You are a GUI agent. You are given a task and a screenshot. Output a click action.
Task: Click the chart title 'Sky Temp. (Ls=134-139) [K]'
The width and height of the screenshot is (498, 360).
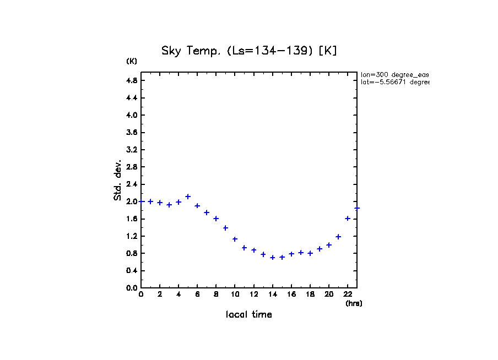point(249,51)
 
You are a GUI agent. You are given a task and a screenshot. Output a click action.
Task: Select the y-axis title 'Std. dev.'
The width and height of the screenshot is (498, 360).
point(118,180)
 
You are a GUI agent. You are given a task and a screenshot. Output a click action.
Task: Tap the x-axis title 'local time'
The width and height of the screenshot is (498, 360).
point(249,315)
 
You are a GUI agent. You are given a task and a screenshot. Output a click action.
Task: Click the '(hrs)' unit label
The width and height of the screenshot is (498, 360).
point(354,303)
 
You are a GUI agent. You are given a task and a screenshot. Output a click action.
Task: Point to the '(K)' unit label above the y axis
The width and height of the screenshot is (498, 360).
point(132,61)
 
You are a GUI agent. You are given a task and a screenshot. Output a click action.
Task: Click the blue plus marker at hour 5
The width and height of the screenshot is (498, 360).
point(188,197)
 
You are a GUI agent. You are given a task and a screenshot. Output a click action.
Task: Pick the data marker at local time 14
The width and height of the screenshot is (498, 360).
point(273,258)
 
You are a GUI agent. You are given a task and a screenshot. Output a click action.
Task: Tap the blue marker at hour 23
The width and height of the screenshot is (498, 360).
point(357,208)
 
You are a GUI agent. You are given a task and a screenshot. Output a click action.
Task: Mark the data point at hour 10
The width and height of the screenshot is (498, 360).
point(235,239)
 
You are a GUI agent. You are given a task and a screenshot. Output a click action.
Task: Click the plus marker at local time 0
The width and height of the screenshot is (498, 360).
point(141,201)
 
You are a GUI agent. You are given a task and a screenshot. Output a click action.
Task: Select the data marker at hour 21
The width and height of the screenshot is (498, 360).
point(338,237)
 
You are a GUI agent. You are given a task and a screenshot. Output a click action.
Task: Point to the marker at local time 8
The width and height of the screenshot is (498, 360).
point(216,219)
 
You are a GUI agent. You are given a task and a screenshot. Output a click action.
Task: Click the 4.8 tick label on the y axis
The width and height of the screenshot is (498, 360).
point(132,80)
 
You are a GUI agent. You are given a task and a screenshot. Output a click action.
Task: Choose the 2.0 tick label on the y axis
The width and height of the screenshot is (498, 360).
point(132,201)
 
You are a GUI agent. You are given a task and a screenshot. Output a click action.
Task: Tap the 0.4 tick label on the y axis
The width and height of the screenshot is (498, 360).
point(132,271)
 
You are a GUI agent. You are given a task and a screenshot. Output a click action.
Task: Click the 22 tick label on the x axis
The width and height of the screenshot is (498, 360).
point(348,294)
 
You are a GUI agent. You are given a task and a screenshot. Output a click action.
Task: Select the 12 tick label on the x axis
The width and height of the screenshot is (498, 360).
point(253,294)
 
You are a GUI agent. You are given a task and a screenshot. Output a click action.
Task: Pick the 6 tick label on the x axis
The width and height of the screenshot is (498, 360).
point(197,294)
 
